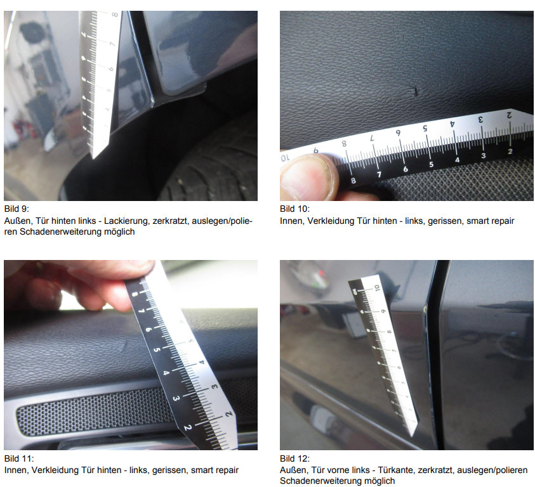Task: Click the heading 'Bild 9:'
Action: (x=17, y=209)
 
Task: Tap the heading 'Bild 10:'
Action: (x=295, y=209)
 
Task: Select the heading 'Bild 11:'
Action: (x=19, y=458)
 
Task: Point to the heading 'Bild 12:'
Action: (x=295, y=458)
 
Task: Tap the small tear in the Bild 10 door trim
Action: (x=415, y=91)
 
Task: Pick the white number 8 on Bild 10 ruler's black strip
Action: (x=353, y=181)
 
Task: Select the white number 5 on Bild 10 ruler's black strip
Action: (x=432, y=164)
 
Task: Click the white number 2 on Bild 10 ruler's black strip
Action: (x=510, y=151)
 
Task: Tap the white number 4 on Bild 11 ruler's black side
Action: (x=166, y=373)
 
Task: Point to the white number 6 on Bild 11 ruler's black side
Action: (x=149, y=330)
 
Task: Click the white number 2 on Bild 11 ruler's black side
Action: (x=187, y=427)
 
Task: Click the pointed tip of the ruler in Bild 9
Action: (x=93, y=158)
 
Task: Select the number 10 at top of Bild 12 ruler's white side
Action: (x=377, y=288)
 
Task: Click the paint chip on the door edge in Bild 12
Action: (x=425, y=309)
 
